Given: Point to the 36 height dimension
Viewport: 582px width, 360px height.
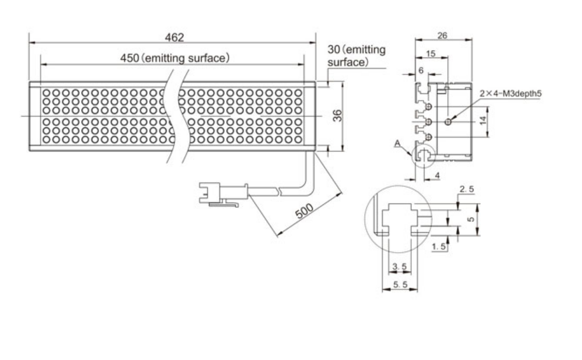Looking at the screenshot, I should [337, 116].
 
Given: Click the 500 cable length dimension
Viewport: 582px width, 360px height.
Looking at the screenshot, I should [304, 211].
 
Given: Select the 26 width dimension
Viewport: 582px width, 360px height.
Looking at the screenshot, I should [442, 36].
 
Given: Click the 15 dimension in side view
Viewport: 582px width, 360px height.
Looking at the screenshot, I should [431, 53].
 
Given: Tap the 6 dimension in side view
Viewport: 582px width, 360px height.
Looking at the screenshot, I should [421, 70].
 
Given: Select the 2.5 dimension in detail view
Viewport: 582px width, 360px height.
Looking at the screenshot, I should [466, 190].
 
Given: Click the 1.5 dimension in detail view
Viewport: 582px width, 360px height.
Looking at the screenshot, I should [439, 248].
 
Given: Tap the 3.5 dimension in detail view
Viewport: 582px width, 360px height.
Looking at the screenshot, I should [400, 267].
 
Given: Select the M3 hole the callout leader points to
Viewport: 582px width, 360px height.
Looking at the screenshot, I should [448, 122].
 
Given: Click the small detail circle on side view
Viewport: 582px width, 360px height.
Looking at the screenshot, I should [424, 155].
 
